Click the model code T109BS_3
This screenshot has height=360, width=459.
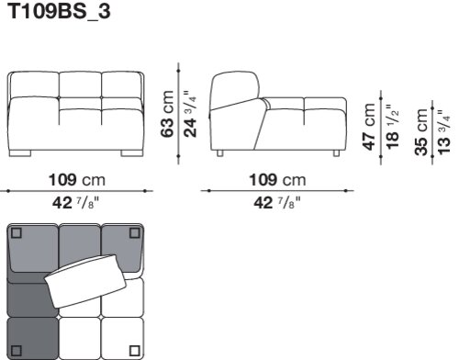point(59,12)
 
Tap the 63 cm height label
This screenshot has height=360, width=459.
point(167,114)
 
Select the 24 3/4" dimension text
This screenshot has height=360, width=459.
point(190,114)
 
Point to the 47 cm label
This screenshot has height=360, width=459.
point(369,127)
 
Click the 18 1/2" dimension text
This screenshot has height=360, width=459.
point(392,127)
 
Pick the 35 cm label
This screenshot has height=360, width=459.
point(421,132)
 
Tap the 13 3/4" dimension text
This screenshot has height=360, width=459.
point(444,132)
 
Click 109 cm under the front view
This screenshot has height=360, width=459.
point(77,180)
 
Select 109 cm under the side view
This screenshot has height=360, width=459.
point(277,180)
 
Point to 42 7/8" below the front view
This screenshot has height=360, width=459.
point(76,202)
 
